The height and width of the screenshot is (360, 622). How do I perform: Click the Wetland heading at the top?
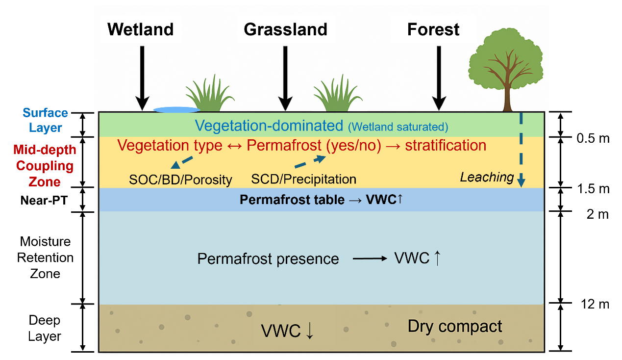[140, 30]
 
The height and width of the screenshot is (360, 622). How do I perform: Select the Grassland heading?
[285, 30]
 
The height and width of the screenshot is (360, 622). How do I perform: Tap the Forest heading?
[433, 30]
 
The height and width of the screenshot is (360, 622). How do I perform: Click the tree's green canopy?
[507, 61]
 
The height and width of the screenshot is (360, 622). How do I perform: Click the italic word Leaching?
[487, 178]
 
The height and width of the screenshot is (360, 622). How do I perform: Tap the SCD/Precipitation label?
[303, 180]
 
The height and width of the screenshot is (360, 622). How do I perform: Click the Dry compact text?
[455, 327]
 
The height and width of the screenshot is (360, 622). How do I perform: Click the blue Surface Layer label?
[45, 121]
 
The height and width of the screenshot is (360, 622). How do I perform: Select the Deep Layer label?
[45, 329]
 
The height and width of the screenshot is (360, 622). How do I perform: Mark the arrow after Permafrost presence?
[370, 258]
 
